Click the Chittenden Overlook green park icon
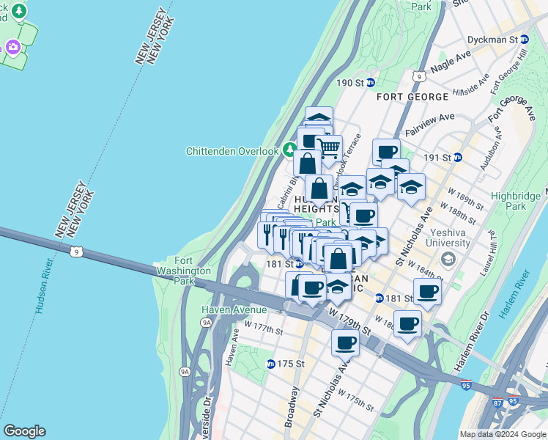289,151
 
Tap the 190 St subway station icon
371,83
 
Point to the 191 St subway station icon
457,157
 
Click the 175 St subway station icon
270,363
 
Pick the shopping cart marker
329,147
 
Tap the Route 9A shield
207,321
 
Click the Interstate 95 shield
466,384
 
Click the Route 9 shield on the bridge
78,252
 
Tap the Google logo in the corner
24,431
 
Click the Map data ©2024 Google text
502,433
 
